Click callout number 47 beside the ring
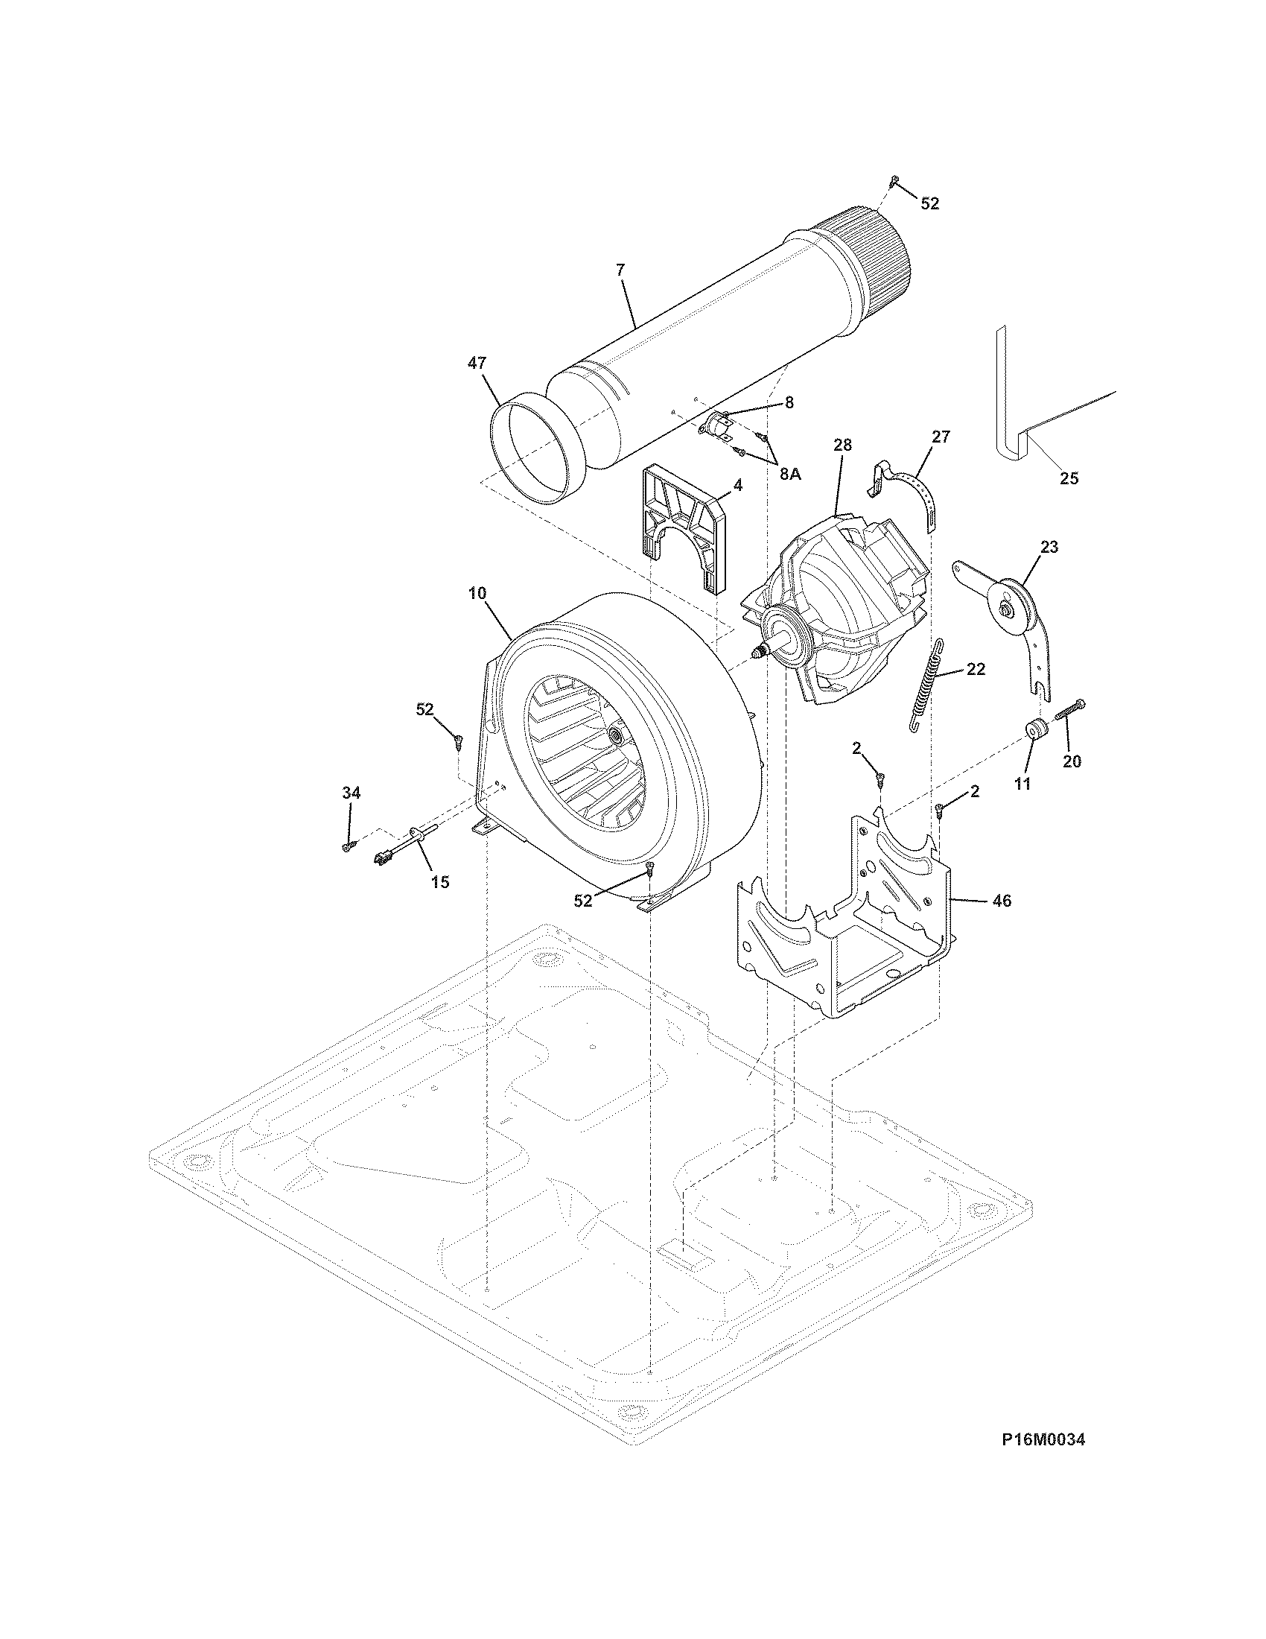click(477, 364)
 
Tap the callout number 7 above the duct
click(620, 270)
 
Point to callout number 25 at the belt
click(1069, 478)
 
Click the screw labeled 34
click(348, 846)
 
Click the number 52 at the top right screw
click(929, 203)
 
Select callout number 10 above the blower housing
click(477, 593)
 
